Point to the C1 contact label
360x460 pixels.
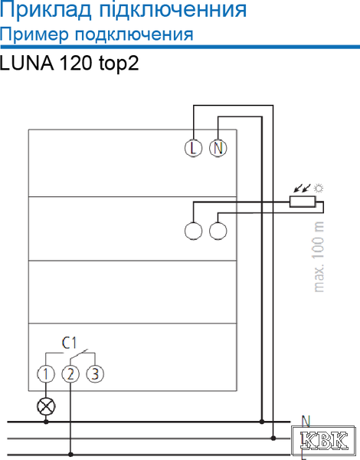point(70,343)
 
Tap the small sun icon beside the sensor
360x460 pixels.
point(319,188)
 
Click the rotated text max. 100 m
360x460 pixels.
point(319,257)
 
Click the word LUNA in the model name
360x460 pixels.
point(27,63)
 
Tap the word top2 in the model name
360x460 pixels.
point(119,64)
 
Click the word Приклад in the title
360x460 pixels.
point(45,11)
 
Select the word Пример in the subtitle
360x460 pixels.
point(35,35)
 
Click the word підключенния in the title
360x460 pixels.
point(173,11)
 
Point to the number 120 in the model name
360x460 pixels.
point(77,63)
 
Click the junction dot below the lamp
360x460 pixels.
point(46,422)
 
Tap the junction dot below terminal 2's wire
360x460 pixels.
point(70,455)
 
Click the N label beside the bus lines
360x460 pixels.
point(306,421)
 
